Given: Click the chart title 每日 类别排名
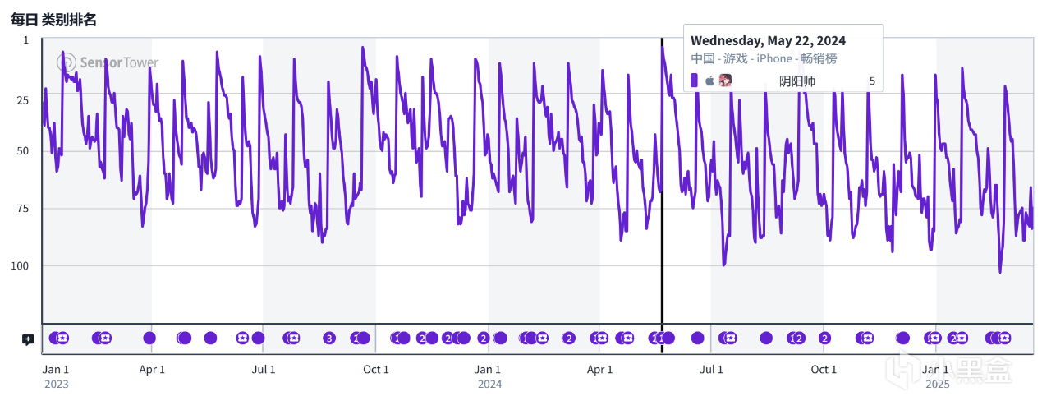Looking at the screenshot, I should click(x=53, y=20).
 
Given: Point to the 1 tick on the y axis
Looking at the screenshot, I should click(x=25, y=40).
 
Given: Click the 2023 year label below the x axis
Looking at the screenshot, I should click(x=56, y=384).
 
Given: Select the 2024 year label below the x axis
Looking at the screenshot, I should click(x=489, y=384).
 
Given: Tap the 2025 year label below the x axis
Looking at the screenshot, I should click(x=937, y=384).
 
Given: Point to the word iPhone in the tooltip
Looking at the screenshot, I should click(x=773, y=59).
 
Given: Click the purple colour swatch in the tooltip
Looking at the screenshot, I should click(x=694, y=81).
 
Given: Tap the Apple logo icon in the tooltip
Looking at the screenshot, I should click(x=709, y=81).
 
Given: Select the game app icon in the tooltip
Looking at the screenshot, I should click(x=725, y=81).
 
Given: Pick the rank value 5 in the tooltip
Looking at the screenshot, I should click(x=872, y=81).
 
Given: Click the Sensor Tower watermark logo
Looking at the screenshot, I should click(x=108, y=62).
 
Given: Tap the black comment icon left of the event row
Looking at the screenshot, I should click(x=27, y=339).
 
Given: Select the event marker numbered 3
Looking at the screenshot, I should click(x=329, y=338).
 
